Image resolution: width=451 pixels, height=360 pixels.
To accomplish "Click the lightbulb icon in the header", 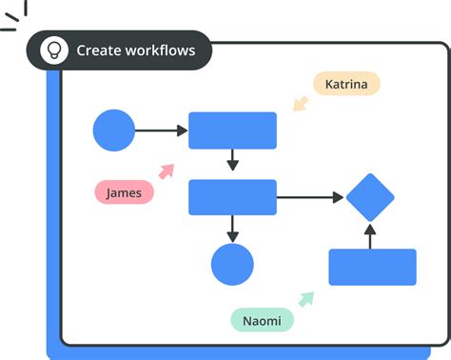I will (x=54, y=50).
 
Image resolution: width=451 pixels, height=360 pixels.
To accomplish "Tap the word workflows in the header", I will (x=161, y=50).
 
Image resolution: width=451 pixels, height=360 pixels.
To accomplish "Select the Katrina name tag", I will (x=346, y=84).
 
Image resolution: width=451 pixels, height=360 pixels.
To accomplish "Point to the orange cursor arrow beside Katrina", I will (x=302, y=102).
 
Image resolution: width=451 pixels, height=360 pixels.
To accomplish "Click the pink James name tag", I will (x=124, y=192).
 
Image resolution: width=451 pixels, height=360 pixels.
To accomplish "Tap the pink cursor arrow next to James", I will (x=167, y=171).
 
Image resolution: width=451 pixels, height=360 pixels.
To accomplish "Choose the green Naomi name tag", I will (x=262, y=321).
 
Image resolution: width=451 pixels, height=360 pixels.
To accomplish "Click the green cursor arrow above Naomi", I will (x=305, y=299).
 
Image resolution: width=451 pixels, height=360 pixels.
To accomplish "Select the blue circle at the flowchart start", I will (x=114, y=130).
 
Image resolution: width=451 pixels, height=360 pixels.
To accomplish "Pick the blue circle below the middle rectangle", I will (x=232, y=265).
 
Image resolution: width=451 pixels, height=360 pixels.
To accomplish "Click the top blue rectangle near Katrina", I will (x=232, y=130).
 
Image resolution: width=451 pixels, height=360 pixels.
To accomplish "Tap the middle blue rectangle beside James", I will (x=232, y=197).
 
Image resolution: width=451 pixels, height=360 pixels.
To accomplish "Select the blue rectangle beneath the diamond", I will (x=372, y=267).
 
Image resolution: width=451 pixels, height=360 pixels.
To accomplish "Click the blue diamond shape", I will (x=370, y=197).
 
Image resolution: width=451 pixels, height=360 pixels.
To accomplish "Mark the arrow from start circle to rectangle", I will (x=162, y=130).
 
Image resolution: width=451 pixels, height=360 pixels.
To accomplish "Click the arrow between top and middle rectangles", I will (x=232, y=160).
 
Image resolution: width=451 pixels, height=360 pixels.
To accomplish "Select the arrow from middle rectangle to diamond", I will (x=310, y=197).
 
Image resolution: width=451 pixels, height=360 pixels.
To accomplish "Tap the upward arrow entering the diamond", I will (x=371, y=236).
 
